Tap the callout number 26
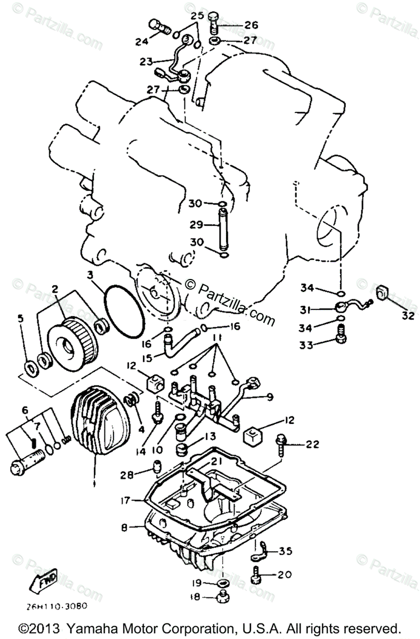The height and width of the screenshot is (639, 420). tap(251, 25)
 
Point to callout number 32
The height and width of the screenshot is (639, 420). tap(407, 316)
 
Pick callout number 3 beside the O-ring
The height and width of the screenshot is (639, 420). tap(91, 275)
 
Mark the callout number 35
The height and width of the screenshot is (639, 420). tap(285, 552)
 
